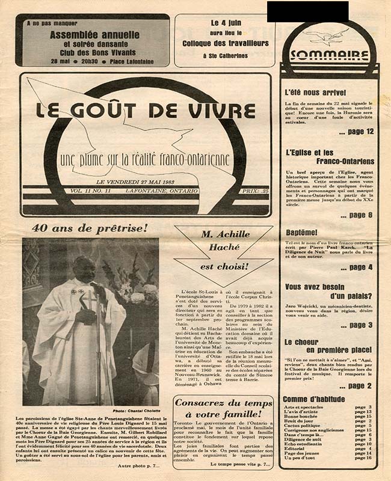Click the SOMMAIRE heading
point(329,56)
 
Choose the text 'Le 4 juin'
point(225,22)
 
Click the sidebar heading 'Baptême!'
point(301,231)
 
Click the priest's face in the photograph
point(85,269)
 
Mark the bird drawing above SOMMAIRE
point(329,37)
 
